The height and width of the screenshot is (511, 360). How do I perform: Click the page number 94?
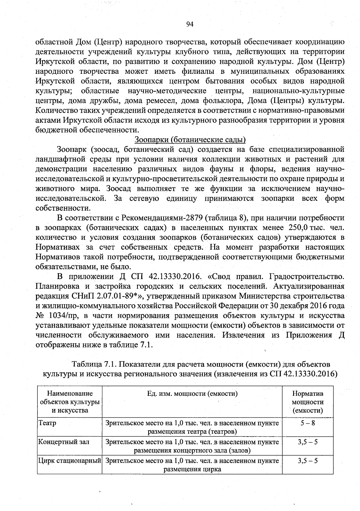190,24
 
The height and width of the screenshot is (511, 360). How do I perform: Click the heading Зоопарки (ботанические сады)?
190,140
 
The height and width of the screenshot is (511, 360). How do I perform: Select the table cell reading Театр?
47,423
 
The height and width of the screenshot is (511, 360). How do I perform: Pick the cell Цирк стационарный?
69,461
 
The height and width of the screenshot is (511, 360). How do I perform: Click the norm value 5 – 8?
307,423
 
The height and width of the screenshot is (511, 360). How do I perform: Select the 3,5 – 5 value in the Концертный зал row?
307,442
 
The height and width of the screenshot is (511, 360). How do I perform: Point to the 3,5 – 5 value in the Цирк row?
307,461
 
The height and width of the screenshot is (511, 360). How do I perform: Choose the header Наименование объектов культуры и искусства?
70,402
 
